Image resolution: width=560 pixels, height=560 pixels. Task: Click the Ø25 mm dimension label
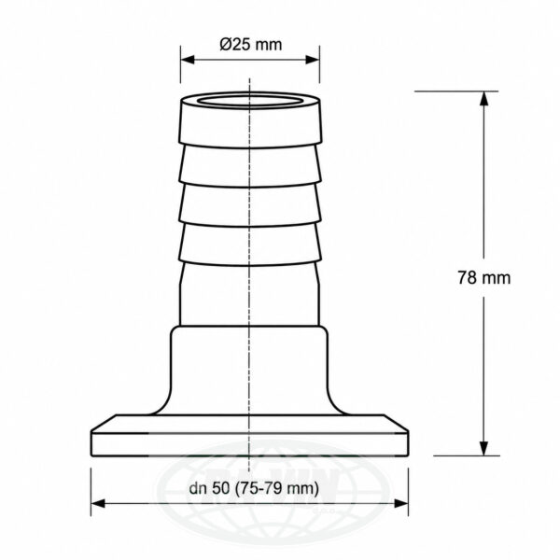tap(251, 45)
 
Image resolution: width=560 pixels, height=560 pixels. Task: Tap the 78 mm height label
tap(484, 277)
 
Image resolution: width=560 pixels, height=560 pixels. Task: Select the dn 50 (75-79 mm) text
tap(254, 488)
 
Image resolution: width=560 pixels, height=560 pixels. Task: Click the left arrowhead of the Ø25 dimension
tap(188, 60)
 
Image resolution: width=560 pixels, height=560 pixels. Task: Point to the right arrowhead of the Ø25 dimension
tap(313, 60)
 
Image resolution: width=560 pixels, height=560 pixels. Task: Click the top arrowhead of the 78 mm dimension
tap(483, 98)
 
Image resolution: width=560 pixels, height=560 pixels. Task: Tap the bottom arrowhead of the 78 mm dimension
tap(483, 449)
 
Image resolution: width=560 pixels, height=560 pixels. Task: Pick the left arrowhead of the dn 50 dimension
tap(98, 504)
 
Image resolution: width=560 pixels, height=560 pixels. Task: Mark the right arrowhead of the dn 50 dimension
tap(401, 504)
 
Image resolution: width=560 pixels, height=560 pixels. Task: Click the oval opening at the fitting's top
tap(249, 101)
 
